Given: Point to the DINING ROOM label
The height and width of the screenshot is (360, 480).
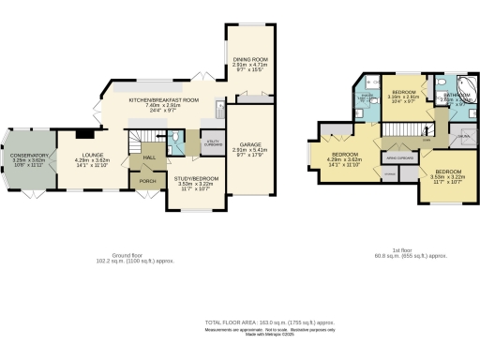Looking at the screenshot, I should pos(250,59).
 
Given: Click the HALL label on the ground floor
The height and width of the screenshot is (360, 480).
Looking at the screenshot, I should pos(148,157).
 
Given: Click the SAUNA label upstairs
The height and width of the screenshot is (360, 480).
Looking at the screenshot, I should pos(462,137).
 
